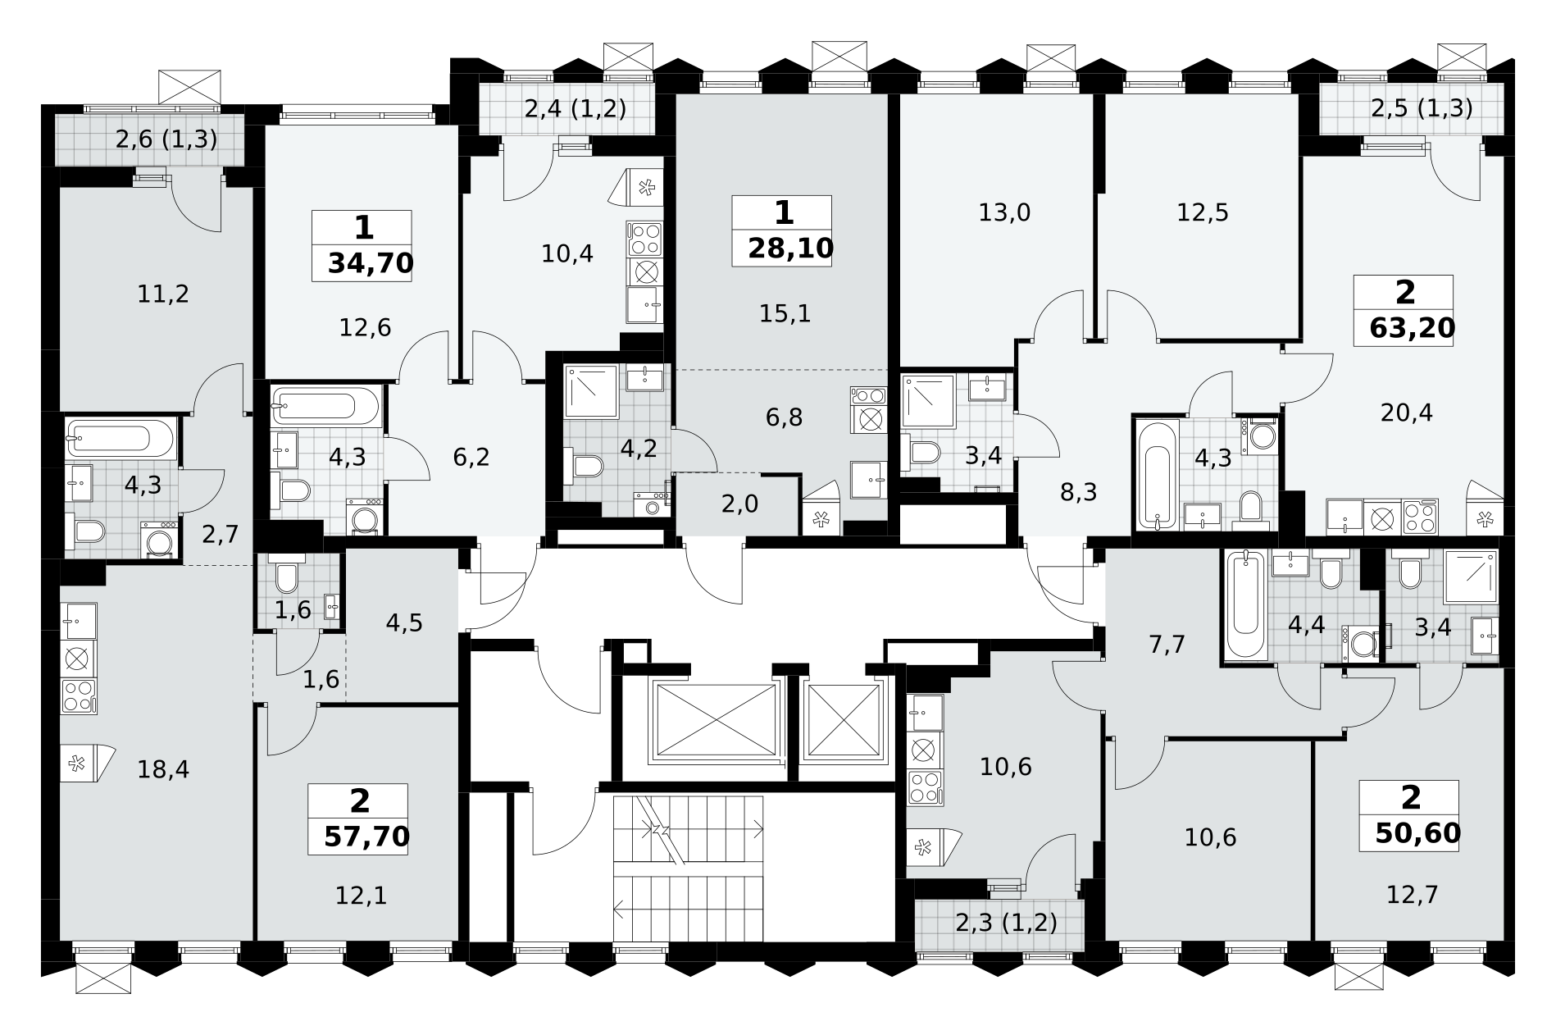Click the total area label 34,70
tap(371, 263)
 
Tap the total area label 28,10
tap(790, 248)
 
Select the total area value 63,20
tap(1413, 327)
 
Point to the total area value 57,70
tap(367, 837)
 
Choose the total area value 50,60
tap(1418, 832)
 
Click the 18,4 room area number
tap(164, 769)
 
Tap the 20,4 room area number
tap(1407, 413)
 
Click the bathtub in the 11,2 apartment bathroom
tap(120, 438)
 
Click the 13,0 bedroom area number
tap(1004, 213)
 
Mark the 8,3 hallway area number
tap(1078, 492)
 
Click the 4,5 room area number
tap(403, 623)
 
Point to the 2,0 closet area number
tap(739, 504)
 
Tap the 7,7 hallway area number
tap(1167, 645)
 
